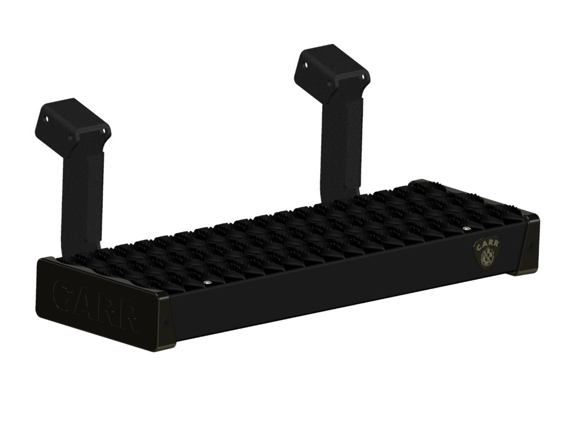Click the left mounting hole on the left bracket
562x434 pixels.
click(x=47, y=119)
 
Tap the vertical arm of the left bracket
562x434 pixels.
click(x=82, y=192)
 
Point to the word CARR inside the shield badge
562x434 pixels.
click(x=486, y=245)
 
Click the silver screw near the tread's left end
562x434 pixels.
click(x=206, y=283)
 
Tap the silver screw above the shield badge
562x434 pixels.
click(x=466, y=228)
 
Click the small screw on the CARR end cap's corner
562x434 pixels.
click(x=166, y=322)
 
